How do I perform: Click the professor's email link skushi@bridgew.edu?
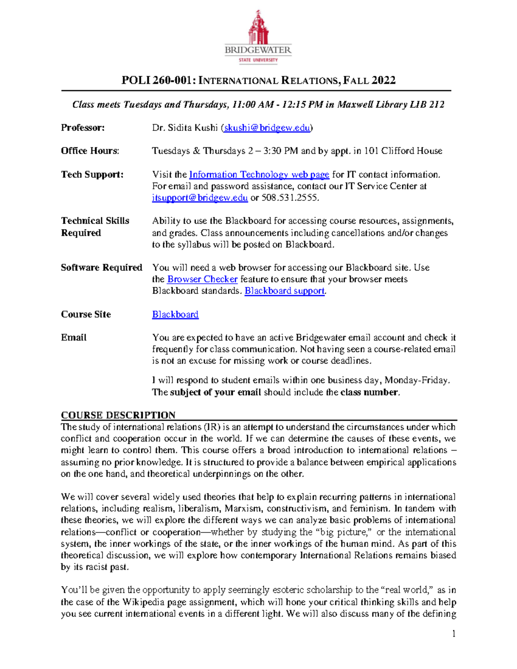(x=267, y=128)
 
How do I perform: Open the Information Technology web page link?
(x=259, y=174)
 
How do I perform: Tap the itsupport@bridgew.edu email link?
(x=199, y=198)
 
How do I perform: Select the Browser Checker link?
(x=202, y=279)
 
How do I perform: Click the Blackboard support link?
(x=284, y=291)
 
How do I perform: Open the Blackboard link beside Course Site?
(x=175, y=314)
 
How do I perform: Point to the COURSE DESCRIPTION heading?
(x=118, y=415)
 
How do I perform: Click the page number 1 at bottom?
(x=454, y=633)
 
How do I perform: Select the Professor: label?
(x=83, y=128)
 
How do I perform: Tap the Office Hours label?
(x=90, y=151)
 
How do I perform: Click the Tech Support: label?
(x=92, y=174)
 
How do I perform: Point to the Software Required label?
(x=101, y=268)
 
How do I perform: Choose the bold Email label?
(x=74, y=338)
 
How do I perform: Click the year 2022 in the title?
(x=383, y=81)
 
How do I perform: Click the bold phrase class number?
(x=369, y=392)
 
